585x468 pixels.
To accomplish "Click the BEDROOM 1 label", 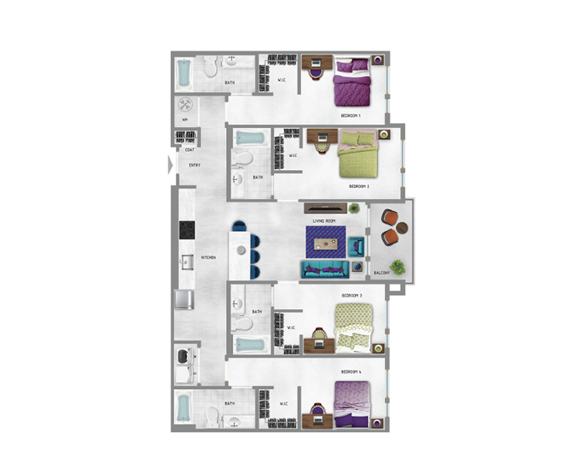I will pyautogui.click(x=350, y=115).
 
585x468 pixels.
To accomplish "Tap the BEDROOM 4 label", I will pyautogui.click(x=351, y=370).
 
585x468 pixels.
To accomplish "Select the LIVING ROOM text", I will pyautogui.click(x=325, y=221).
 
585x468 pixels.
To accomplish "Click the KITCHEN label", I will pyautogui.click(x=209, y=258).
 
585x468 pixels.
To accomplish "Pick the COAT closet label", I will pyautogui.click(x=190, y=149).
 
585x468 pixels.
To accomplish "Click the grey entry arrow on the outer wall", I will pyautogui.click(x=171, y=165).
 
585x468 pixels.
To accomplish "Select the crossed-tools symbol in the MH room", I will pyautogui.click(x=187, y=104).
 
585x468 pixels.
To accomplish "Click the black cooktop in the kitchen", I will pyautogui.click(x=187, y=230).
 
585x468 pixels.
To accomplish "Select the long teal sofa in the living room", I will pyautogui.click(x=325, y=270).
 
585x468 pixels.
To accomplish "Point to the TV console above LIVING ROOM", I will pyautogui.click(x=324, y=208).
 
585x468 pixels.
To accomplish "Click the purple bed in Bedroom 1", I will pyautogui.click(x=352, y=82).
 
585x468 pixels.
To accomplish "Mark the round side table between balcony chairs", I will pyautogui.click(x=391, y=228).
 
